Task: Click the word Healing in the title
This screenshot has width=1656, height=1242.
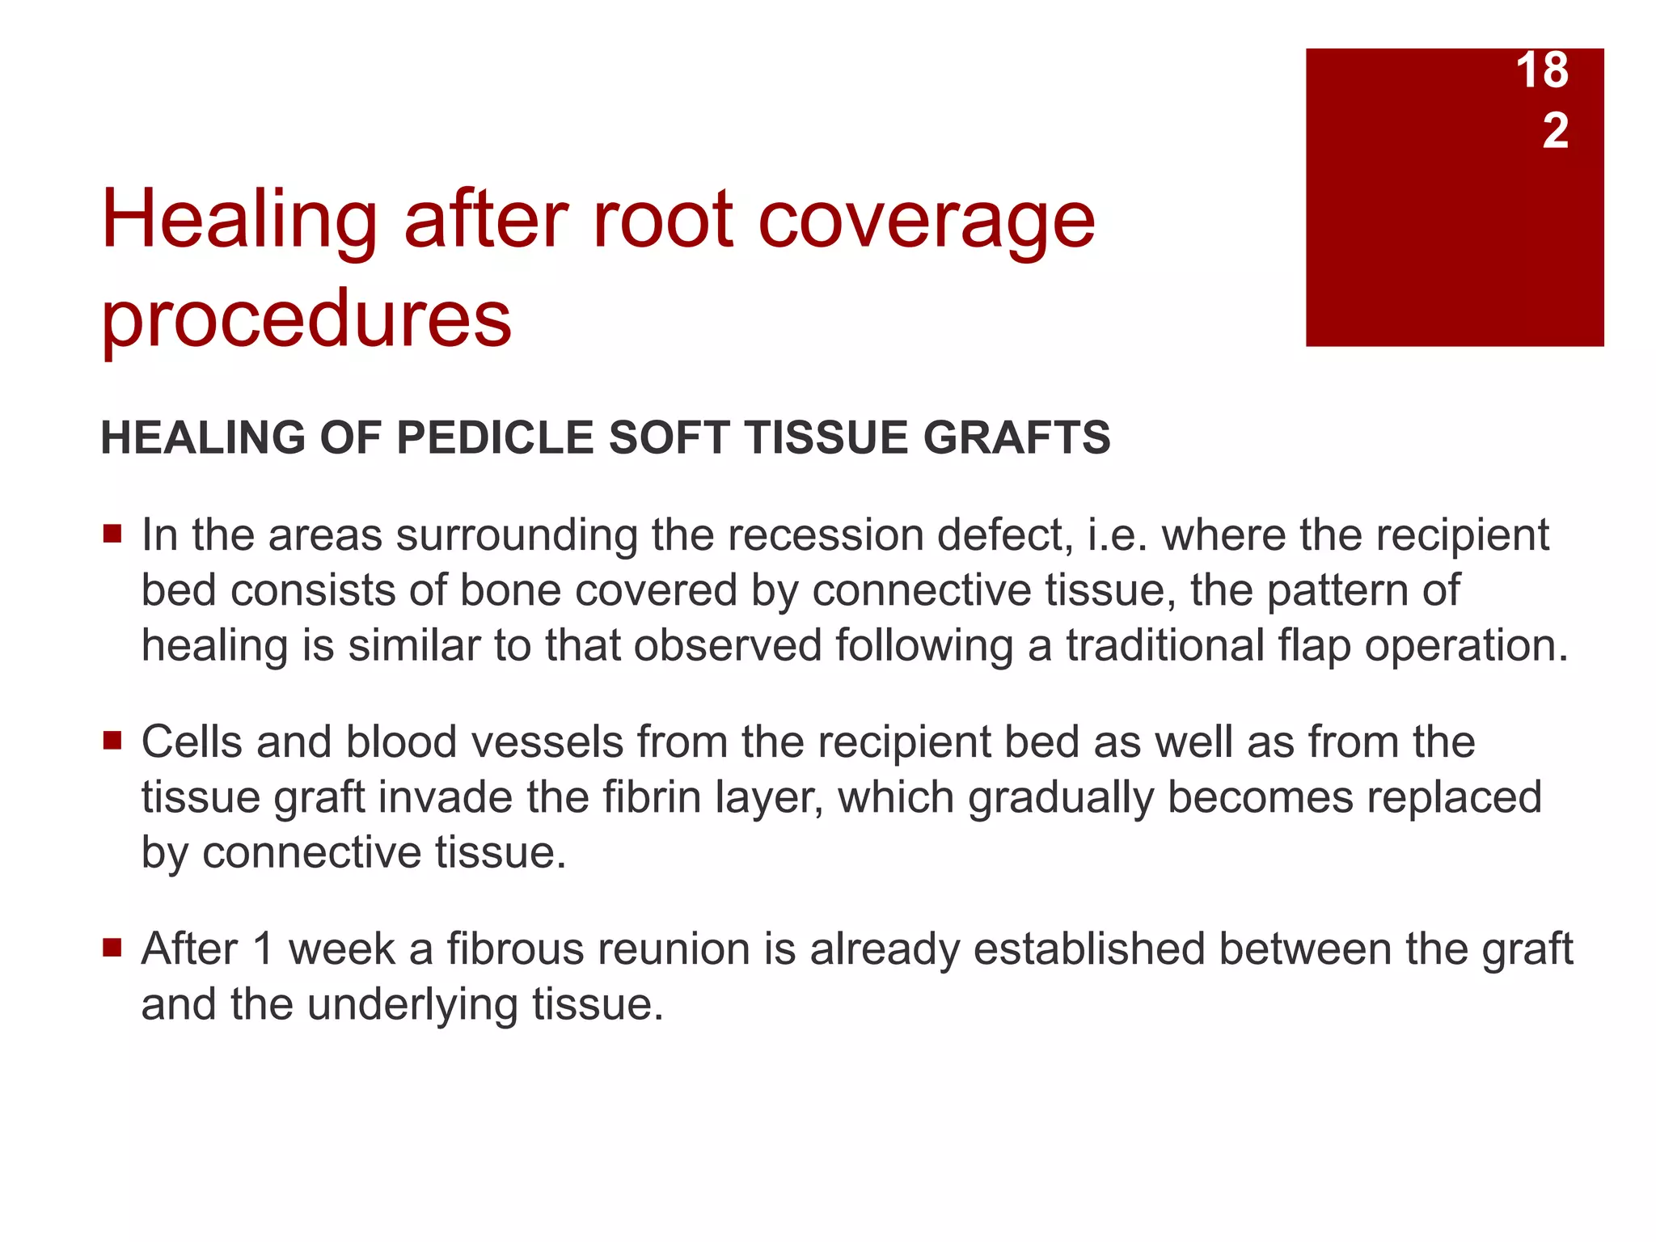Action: click(x=239, y=220)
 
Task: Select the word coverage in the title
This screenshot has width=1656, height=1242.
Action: click(x=927, y=220)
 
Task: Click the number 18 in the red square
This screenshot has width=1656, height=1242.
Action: click(x=1542, y=70)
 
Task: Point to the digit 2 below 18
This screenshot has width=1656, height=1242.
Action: click(x=1555, y=130)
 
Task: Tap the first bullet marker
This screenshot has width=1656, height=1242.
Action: click(x=112, y=534)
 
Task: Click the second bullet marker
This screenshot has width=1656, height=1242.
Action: click(x=112, y=741)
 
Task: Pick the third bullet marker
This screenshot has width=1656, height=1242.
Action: click(x=112, y=947)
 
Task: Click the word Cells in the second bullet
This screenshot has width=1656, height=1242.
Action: click(x=192, y=741)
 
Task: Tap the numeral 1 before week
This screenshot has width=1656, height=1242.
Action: click(x=262, y=948)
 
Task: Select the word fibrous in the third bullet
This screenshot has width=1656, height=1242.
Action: click(x=516, y=948)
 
